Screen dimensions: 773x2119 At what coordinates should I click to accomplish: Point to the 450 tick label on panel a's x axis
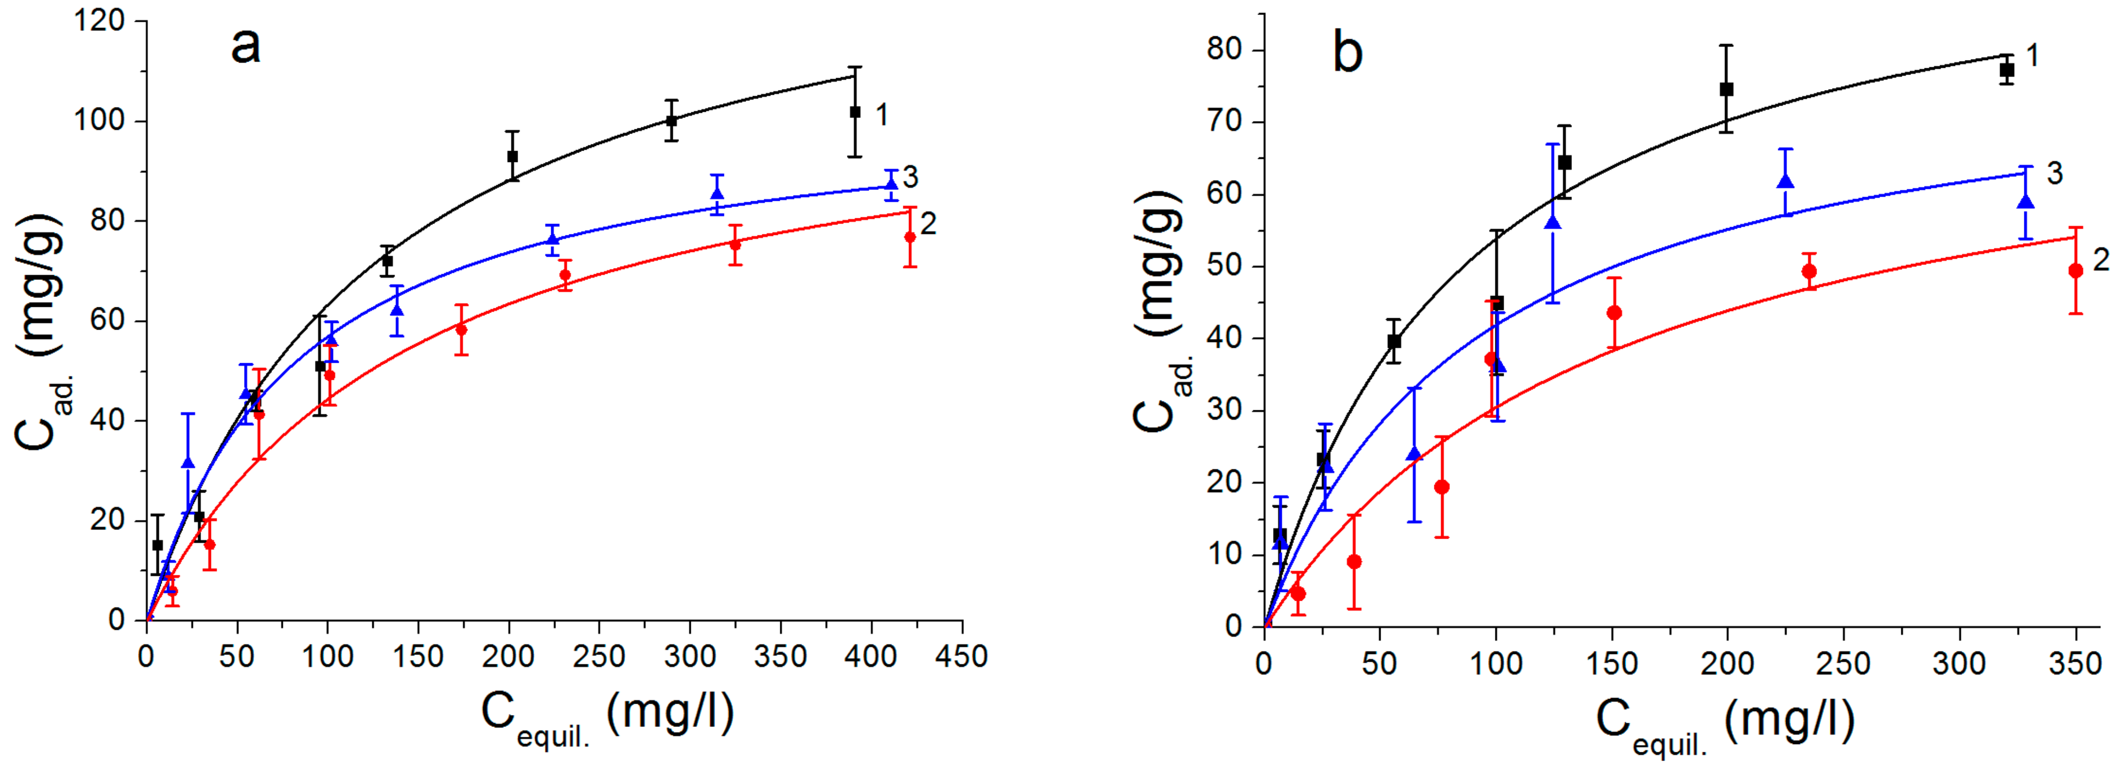point(962,656)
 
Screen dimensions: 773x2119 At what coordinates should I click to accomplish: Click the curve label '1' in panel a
point(882,115)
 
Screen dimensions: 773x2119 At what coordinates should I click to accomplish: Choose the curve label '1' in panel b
point(2033,56)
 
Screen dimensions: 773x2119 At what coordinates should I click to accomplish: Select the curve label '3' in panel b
point(2054,174)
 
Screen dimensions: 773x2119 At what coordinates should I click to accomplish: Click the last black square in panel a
point(855,112)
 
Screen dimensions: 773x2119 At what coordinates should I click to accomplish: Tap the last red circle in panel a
point(910,237)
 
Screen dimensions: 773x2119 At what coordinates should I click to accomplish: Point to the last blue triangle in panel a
point(891,183)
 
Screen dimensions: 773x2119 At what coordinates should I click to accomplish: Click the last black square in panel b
point(2007,71)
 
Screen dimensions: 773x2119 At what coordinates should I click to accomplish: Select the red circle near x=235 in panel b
point(1809,272)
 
